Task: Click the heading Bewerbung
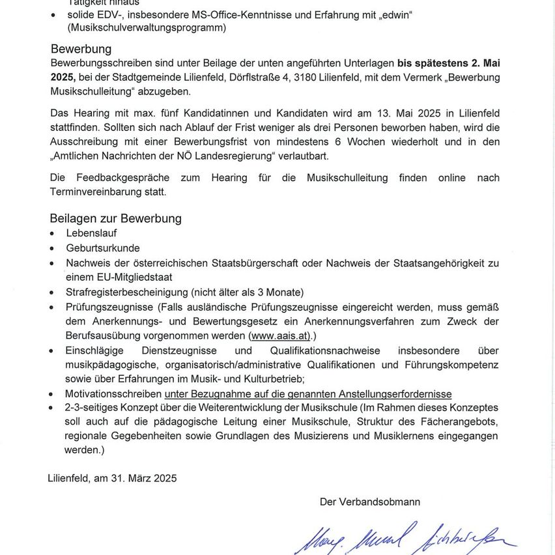click(x=81, y=49)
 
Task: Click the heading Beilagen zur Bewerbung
click(x=115, y=218)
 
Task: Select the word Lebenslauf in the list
click(x=92, y=233)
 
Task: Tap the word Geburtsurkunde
click(x=103, y=248)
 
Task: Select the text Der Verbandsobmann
click(x=370, y=502)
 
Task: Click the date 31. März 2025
click(x=143, y=477)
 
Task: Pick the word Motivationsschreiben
click(x=113, y=394)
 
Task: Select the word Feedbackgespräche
click(x=120, y=178)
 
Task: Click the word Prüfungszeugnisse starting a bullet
click(x=109, y=307)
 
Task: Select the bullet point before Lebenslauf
click(x=53, y=233)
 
